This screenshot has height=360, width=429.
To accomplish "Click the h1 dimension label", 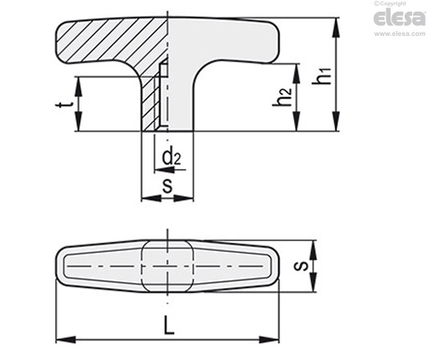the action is click(x=322, y=76).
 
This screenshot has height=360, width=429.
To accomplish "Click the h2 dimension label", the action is click(x=282, y=97).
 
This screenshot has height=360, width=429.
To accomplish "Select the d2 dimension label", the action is click(x=172, y=157).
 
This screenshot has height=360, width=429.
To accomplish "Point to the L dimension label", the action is click(x=169, y=326).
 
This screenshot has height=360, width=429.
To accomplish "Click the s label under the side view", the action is click(x=168, y=186).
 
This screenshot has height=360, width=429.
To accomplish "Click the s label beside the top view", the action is click(x=301, y=266).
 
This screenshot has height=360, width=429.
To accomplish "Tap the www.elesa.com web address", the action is click(x=400, y=33).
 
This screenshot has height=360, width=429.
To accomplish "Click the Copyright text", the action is click(x=390, y=3).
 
